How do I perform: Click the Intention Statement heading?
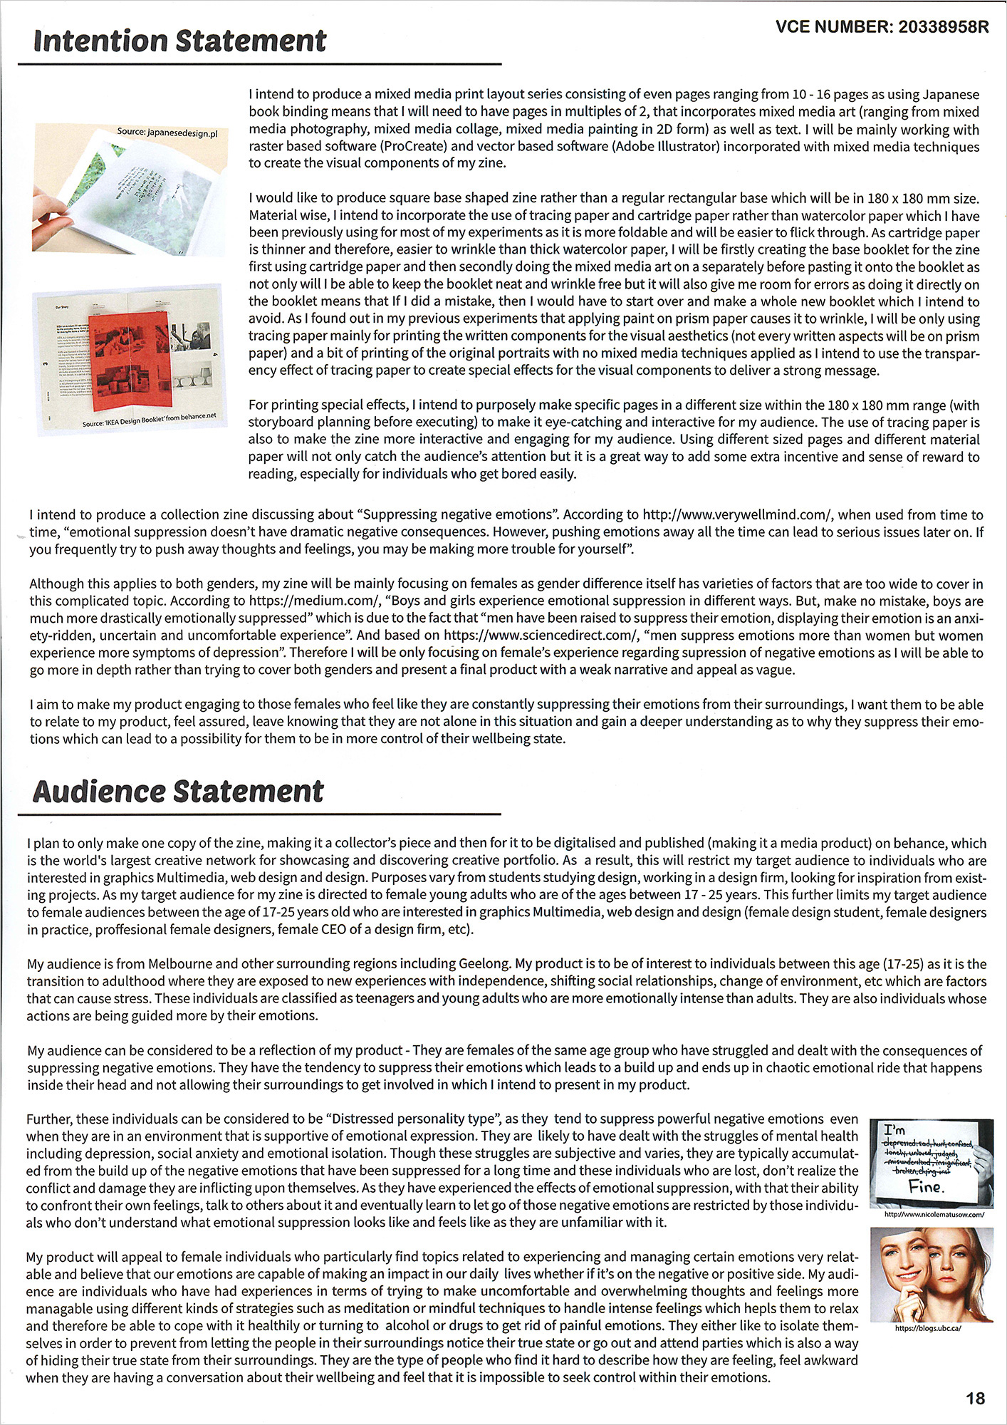click(x=179, y=41)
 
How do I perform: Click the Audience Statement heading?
click(x=178, y=791)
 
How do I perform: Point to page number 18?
click(x=975, y=1398)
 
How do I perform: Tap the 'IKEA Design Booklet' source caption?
click(x=149, y=420)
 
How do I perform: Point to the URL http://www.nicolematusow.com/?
click(x=934, y=1214)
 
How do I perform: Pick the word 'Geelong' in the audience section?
click(x=484, y=964)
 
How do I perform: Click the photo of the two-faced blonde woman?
click(x=932, y=1273)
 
